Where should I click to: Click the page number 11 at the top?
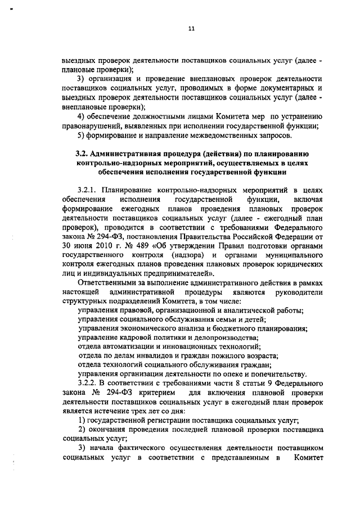coord(191,30)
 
